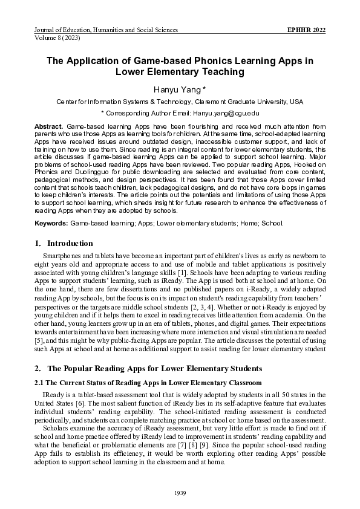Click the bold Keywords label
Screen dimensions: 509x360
point(51,223)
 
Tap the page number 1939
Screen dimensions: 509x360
point(180,493)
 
